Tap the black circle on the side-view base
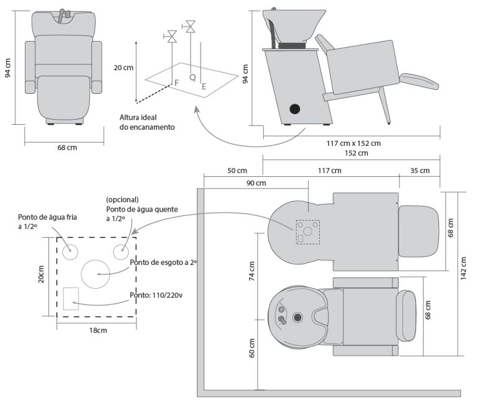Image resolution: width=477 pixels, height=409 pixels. point(294,109)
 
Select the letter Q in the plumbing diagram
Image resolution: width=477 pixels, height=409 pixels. point(193,78)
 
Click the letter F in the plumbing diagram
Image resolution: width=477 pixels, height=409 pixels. point(176,83)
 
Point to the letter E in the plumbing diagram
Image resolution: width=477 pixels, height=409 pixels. point(204,88)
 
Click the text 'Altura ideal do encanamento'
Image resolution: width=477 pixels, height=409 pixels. point(147,122)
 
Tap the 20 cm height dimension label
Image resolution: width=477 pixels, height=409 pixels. point(123,68)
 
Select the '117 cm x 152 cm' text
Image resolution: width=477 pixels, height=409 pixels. point(353,143)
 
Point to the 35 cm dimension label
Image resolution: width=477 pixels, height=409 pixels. point(419,171)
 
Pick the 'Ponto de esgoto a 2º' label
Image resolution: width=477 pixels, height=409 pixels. point(163,263)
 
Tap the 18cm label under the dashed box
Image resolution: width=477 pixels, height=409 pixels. point(98,330)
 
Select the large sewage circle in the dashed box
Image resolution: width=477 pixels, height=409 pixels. point(95,273)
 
